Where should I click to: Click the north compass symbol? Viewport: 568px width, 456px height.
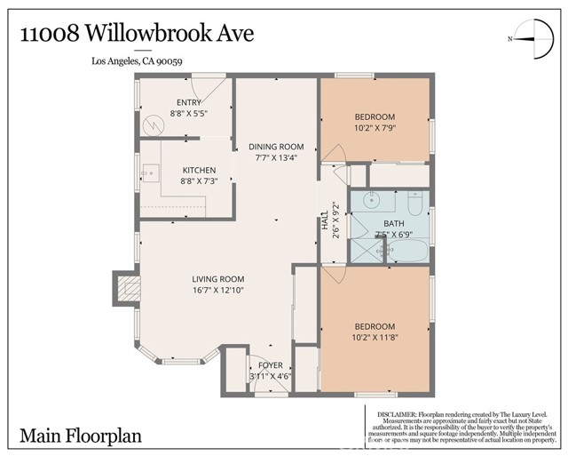pyautogui.click(x=529, y=37)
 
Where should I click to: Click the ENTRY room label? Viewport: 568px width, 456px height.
pyautogui.click(x=189, y=103)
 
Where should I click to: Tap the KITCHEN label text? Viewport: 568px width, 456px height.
pyautogui.click(x=199, y=171)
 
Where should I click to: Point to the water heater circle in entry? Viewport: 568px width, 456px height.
pyautogui.click(x=156, y=125)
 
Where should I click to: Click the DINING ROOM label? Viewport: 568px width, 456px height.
pyautogui.click(x=276, y=147)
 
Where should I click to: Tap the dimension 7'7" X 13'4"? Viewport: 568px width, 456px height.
pyautogui.click(x=276, y=157)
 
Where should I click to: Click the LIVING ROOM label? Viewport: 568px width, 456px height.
pyautogui.click(x=218, y=279)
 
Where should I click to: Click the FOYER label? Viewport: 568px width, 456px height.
pyautogui.click(x=270, y=365)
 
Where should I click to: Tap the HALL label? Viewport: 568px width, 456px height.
pyautogui.click(x=325, y=222)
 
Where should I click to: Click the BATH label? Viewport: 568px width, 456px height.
pyautogui.click(x=393, y=224)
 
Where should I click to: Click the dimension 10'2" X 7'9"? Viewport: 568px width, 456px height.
pyautogui.click(x=375, y=128)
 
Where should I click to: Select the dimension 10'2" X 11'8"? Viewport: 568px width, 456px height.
pyautogui.click(x=375, y=338)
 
